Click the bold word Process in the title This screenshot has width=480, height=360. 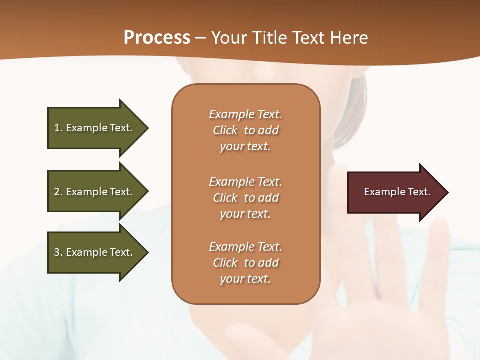[157, 38]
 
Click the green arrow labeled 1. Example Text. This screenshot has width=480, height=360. [95, 128]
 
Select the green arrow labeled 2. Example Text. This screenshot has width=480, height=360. [95, 192]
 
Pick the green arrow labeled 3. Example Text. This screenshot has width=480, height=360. [95, 252]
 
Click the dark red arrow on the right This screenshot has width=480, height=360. [395, 192]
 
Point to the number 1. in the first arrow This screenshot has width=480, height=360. [58, 128]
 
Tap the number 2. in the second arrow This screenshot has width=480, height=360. [58, 192]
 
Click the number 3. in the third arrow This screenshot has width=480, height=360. [58, 252]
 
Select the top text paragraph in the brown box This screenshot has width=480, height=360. [245, 130]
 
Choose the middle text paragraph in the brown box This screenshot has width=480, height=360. [245, 198]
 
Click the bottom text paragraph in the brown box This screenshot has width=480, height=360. [245, 263]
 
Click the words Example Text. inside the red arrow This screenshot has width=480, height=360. [397, 192]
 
